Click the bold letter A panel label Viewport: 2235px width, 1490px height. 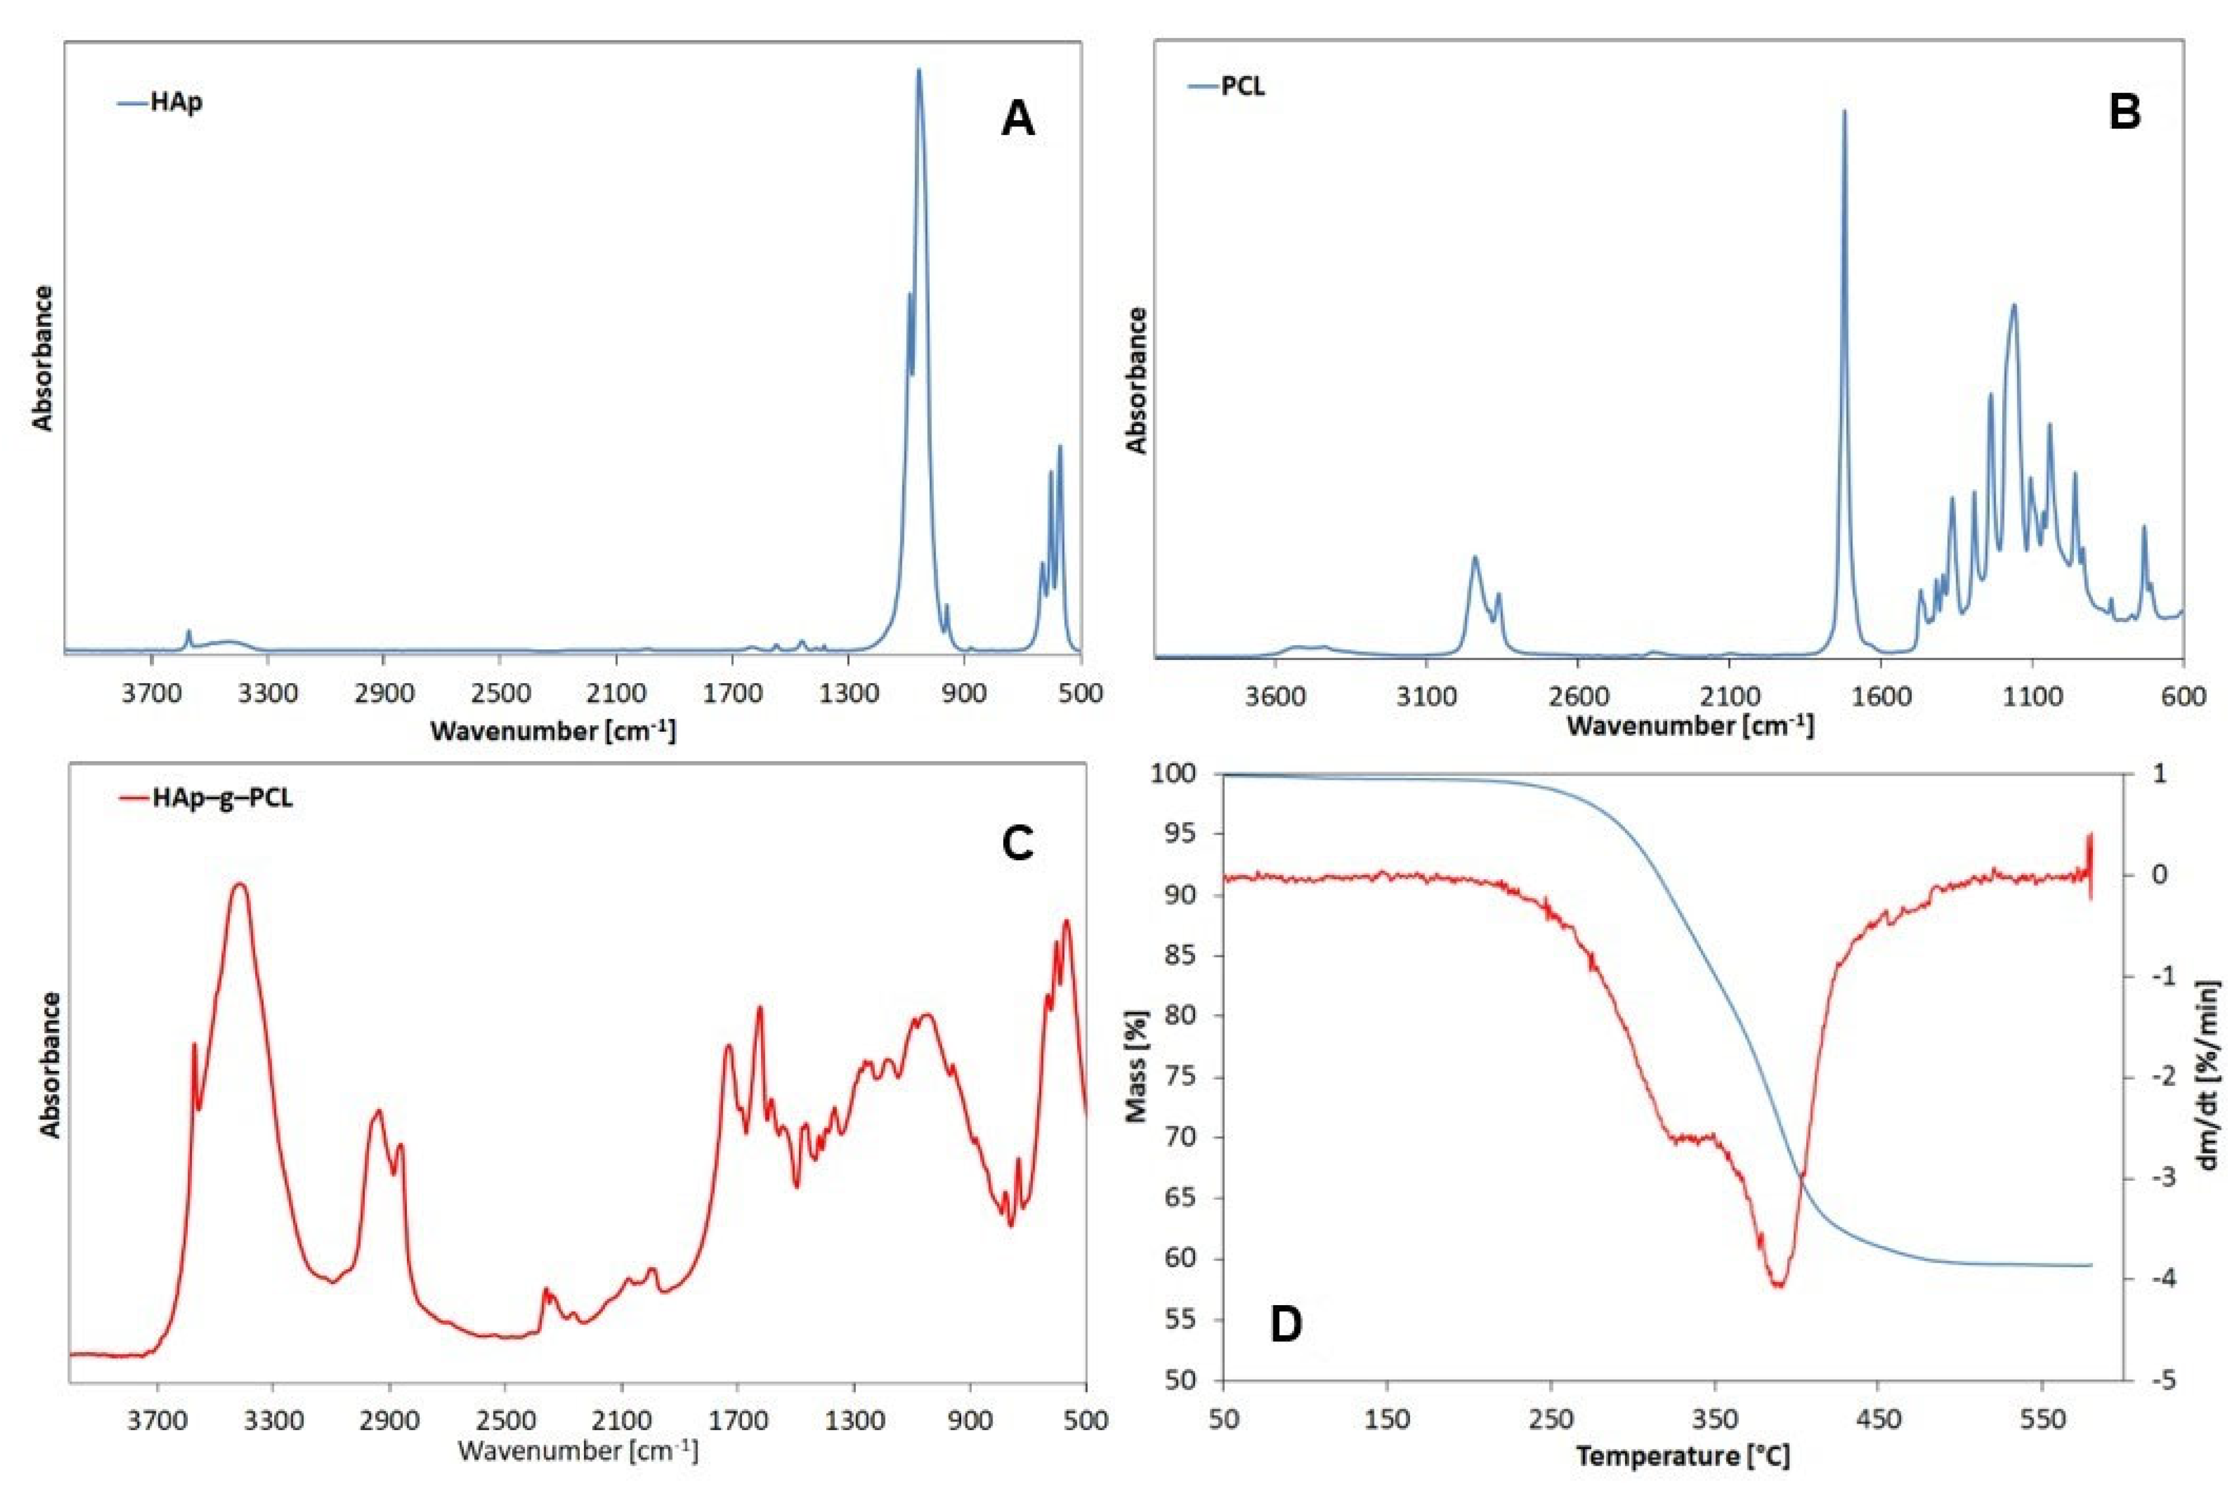coord(1017,121)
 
